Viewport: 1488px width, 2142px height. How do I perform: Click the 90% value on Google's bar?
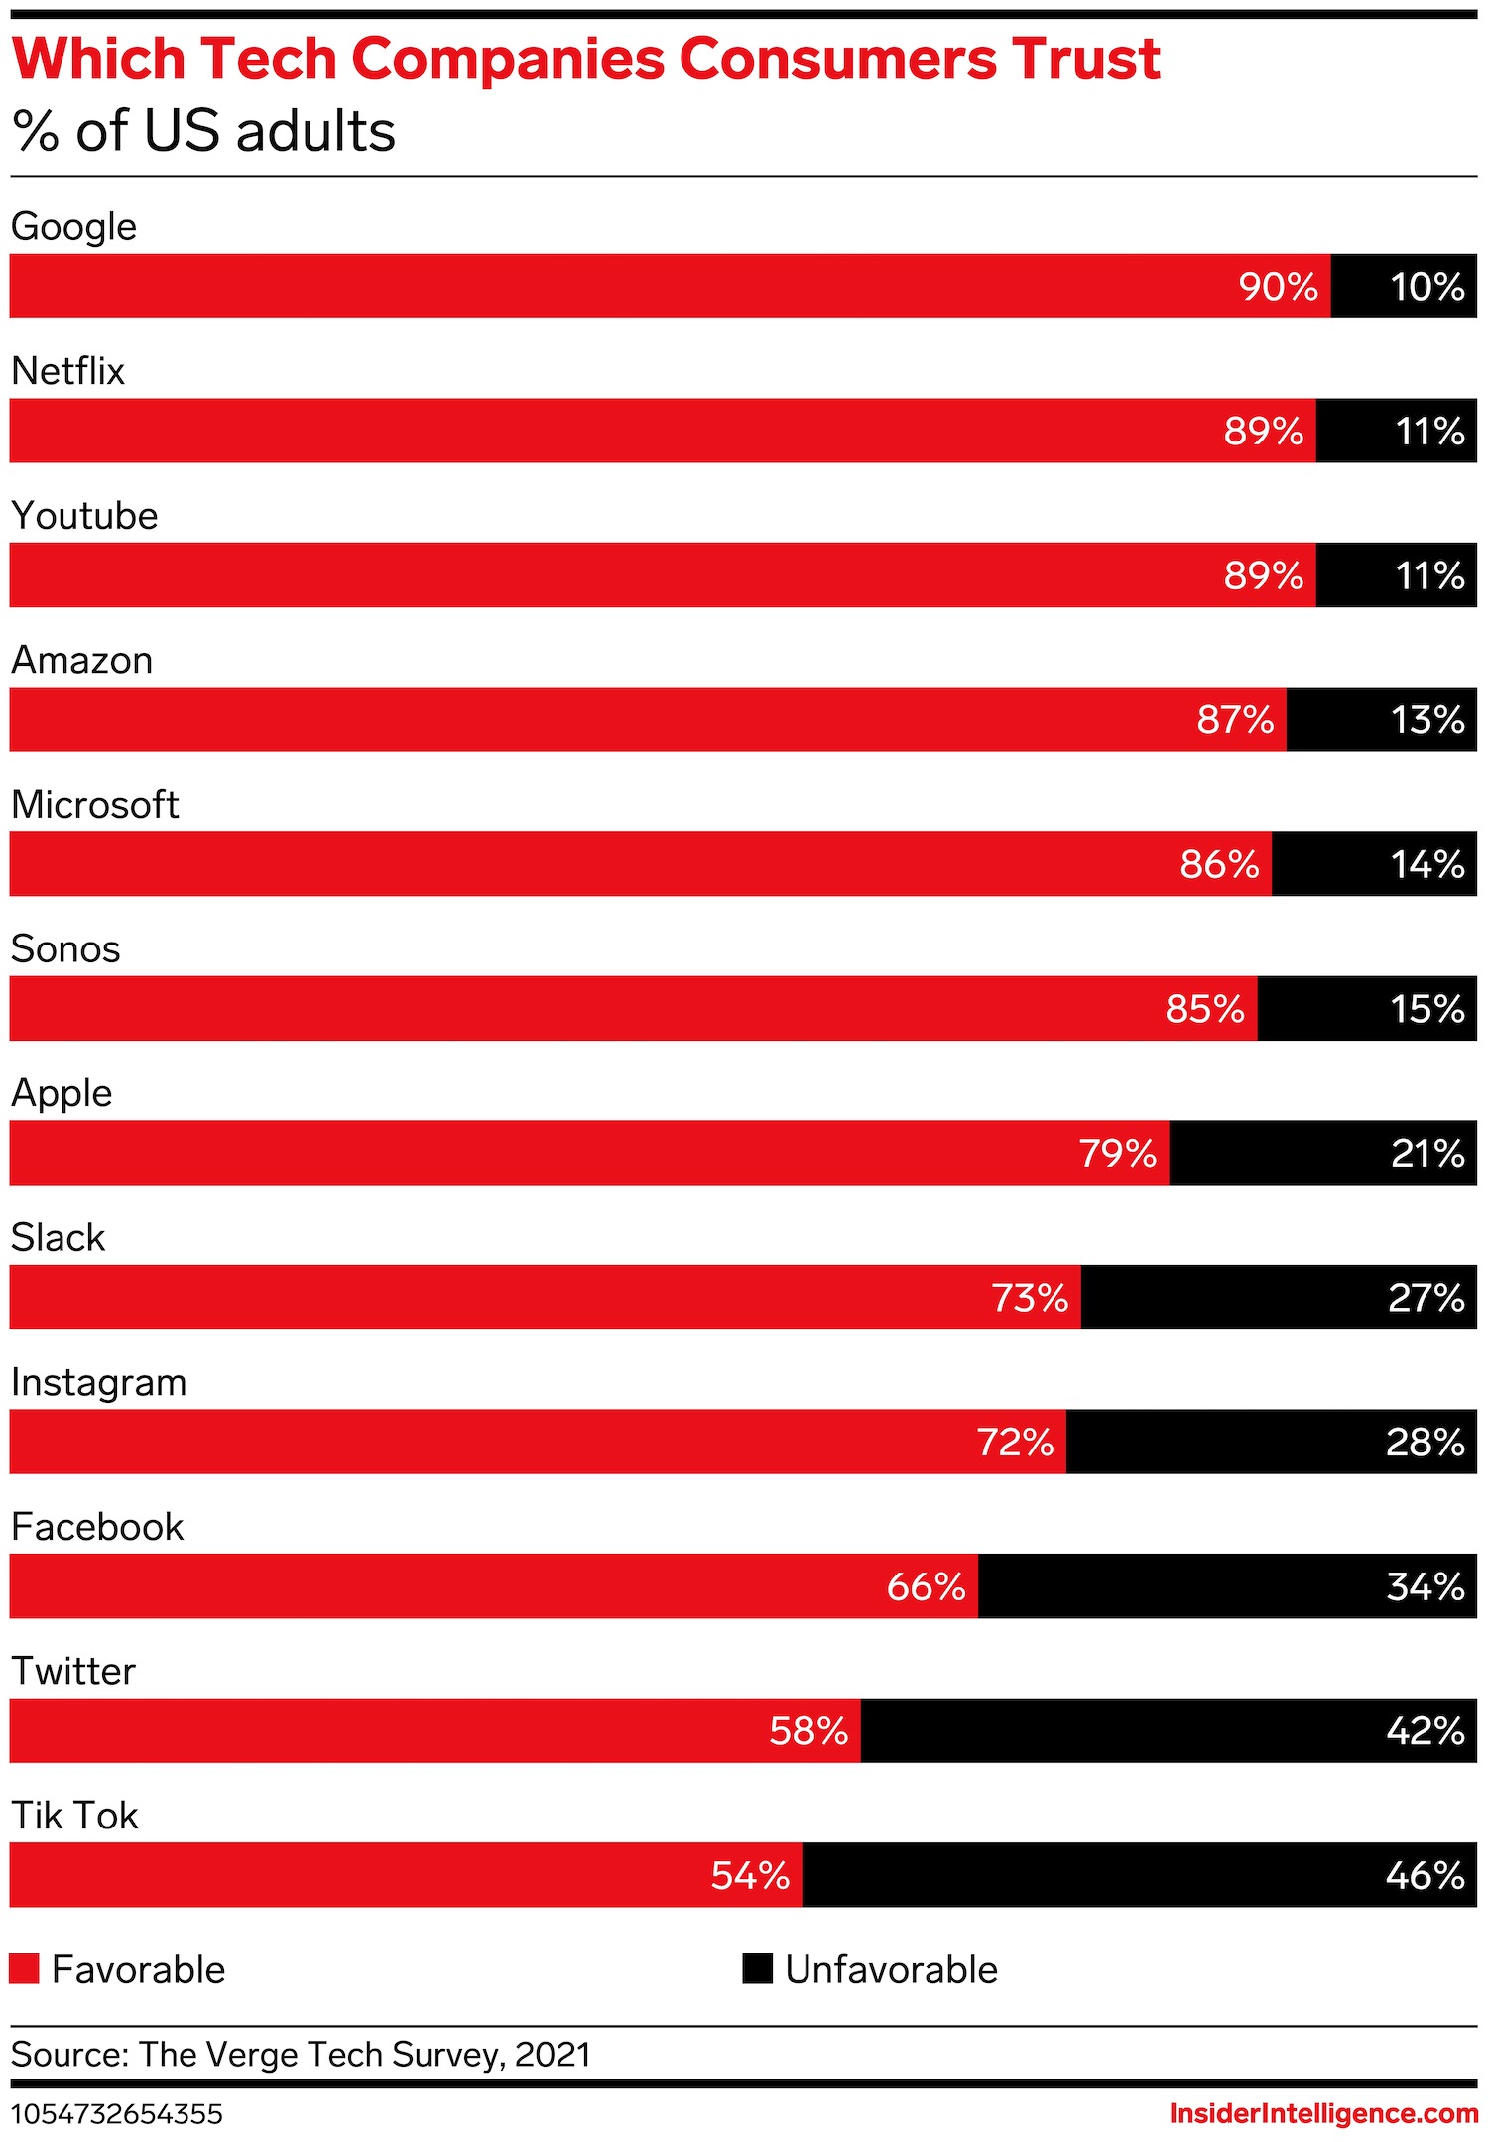click(1278, 287)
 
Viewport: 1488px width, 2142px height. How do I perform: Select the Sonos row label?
click(65, 949)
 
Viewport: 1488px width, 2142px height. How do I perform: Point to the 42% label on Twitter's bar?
click(1425, 1731)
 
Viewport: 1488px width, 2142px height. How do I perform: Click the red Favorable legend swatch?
click(24, 1969)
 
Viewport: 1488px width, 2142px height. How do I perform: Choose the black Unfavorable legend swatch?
click(757, 1969)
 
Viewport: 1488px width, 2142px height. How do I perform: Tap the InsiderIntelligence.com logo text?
click(1323, 2114)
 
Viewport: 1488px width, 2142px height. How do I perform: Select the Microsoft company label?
click(95, 805)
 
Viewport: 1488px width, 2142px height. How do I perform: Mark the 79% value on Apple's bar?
click(1117, 1154)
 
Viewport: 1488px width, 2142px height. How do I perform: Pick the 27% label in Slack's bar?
click(1426, 1298)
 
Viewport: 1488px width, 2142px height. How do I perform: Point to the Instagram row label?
click(99, 1383)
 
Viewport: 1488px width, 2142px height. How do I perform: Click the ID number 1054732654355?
click(117, 2114)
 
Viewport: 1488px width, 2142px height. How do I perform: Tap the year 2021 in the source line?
click(553, 2055)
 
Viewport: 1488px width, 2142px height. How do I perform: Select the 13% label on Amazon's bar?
click(1426, 720)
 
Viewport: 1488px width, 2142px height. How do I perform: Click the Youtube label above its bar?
click(85, 516)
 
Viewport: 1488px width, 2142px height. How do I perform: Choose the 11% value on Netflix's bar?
click(1429, 432)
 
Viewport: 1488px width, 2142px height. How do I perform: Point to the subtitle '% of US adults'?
click(204, 131)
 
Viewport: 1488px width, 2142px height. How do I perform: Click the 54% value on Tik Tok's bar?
click(750, 1876)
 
